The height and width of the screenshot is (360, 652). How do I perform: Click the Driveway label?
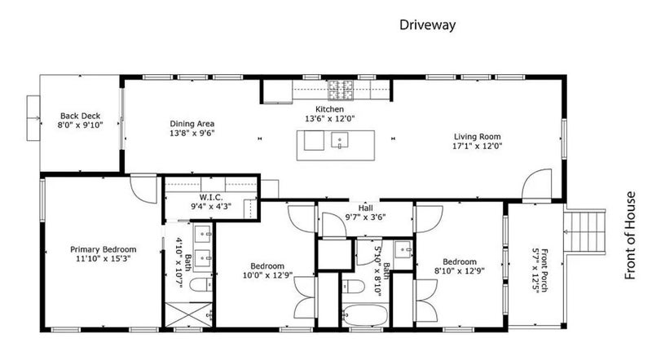[x=427, y=25]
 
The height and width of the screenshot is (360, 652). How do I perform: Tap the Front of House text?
[x=631, y=235]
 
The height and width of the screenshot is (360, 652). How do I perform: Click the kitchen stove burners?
[x=341, y=90]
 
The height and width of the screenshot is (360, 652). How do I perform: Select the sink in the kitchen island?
[x=340, y=139]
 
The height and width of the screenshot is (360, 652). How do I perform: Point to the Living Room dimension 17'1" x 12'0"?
[x=478, y=146]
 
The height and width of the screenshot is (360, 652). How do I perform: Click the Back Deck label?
[x=80, y=116]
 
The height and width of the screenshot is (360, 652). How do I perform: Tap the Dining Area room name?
[x=192, y=124]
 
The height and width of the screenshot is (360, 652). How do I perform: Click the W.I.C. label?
[x=211, y=197]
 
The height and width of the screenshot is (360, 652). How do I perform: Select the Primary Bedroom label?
[x=104, y=249]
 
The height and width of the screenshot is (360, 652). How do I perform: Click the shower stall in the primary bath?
[x=189, y=314]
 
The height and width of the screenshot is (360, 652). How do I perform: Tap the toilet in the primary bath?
[x=201, y=285]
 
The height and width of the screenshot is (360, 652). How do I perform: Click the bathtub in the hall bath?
[x=365, y=314]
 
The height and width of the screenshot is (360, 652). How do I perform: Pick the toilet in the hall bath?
[x=353, y=286]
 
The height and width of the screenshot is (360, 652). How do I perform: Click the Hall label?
[x=365, y=208]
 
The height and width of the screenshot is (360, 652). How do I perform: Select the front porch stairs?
[x=584, y=231]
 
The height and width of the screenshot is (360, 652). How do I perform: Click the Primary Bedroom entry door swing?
[x=143, y=190]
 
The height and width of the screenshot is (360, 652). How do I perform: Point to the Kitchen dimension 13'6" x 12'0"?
[x=330, y=118]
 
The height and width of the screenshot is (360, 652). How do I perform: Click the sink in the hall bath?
[x=403, y=249]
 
